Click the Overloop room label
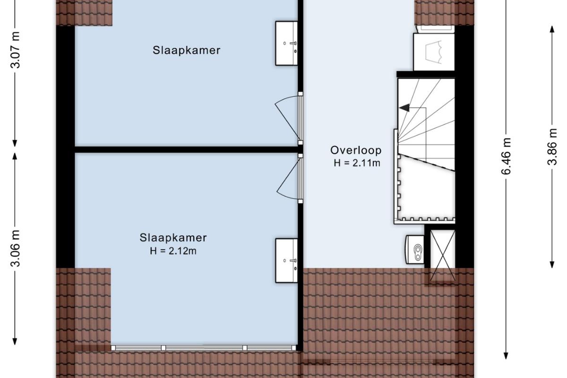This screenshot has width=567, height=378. coord(356,150)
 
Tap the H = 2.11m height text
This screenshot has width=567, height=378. coord(357,163)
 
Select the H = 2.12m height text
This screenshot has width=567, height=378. coord(173,251)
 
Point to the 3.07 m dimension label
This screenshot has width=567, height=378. coord(15,50)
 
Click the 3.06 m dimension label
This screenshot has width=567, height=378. coord(15,249)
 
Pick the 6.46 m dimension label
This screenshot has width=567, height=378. coord(506,156)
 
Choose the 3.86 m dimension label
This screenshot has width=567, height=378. coord(552,147)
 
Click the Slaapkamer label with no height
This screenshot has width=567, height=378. coord(187,50)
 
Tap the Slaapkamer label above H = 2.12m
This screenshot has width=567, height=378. coord(173,238)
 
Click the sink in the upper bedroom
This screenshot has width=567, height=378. coord(286,43)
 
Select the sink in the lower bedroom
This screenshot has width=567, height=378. coord(286,260)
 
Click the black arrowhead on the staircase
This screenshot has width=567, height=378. coord(404,108)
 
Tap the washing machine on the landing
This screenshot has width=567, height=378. coord(434,52)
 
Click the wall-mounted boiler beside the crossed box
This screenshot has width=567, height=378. coord(415,249)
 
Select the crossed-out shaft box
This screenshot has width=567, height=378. coord(443,256)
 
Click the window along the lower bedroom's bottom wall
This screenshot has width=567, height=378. coord(204,348)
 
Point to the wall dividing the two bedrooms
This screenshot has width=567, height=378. coord(186,149)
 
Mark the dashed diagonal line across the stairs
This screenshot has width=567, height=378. coord(427,162)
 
